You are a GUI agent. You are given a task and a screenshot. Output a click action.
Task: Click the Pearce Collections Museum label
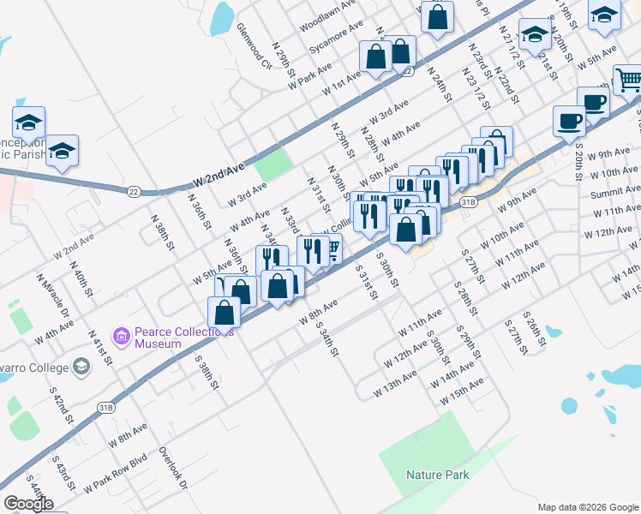coord(158,337)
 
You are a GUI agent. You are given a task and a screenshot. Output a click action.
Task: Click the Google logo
coord(28,504)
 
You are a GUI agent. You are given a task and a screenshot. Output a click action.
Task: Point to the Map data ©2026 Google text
coord(587,507)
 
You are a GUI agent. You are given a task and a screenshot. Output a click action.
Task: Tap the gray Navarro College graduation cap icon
coord(81,368)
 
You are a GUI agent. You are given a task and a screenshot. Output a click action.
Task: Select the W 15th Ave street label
coord(462,391)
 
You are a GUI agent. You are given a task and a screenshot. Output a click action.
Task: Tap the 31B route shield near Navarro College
coord(105,407)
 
